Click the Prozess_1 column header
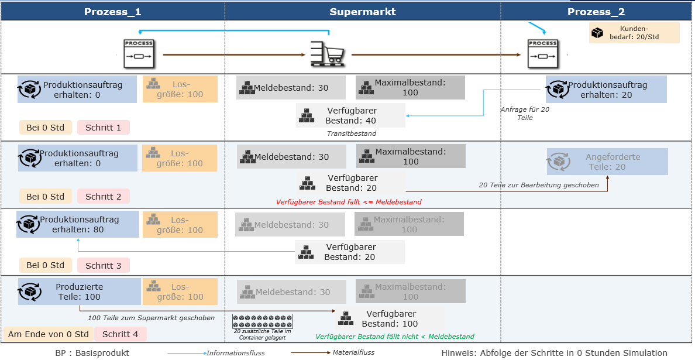[112, 12]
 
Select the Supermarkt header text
[363, 12]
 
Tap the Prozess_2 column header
[596, 12]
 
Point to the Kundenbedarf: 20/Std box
[634, 33]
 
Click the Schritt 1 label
[104, 128]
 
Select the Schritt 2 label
[104, 197]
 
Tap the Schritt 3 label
[104, 265]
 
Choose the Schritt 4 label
[120, 334]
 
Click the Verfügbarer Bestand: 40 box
[350, 115]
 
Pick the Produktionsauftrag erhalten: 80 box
[78, 224]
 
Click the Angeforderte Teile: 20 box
[607, 162]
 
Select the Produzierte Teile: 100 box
[80, 292]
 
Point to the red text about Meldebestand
[349, 202]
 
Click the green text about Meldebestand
[394, 337]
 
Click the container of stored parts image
[263, 321]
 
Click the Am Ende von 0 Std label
[49, 334]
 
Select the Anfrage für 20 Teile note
[524, 114]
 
